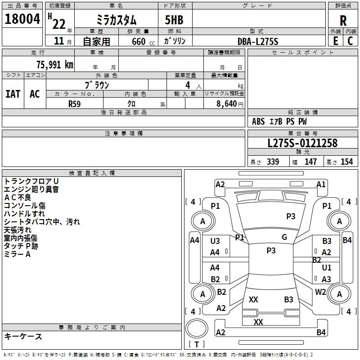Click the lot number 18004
click(22, 20)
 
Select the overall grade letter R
click(343, 20)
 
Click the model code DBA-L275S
click(258, 41)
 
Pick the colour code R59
click(75, 103)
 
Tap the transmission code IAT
click(13, 94)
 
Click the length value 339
click(273, 162)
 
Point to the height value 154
click(346, 162)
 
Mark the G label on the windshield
click(284, 237)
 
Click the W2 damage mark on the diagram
click(320, 292)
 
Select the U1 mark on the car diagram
click(327, 268)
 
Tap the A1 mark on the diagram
click(321, 184)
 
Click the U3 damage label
click(215, 241)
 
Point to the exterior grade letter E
click(335, 41)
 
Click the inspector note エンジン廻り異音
click(31, 189)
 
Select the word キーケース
click(23, 336)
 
